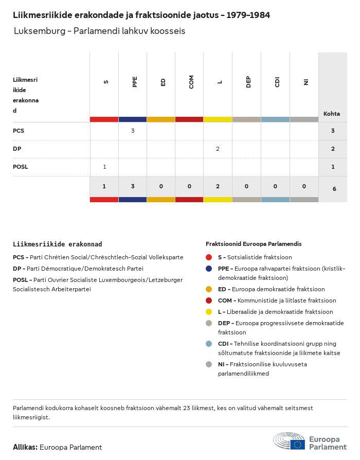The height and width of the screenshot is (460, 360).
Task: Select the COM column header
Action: pos(191,82)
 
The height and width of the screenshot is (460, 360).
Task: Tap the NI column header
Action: pos(305,82)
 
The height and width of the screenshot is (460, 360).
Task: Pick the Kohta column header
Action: pos(332,114)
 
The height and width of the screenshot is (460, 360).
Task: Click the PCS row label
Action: pos(19,131)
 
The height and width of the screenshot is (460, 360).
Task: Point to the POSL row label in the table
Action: pos(21,167)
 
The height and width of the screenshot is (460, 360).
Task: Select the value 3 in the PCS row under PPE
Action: pos(133,131)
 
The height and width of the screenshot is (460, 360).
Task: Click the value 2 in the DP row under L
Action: pos(218,149)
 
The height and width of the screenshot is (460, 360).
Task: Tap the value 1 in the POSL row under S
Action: pos(104,167)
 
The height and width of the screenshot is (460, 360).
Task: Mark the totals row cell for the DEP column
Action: pos(246,186)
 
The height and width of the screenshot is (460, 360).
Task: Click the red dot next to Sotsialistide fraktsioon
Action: pos(209,257)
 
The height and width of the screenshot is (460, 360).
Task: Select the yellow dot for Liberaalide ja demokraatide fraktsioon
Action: pos(209,312)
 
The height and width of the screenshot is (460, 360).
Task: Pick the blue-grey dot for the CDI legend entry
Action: pos(209,344)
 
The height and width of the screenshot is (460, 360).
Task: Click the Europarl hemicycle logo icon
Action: pos(289,442)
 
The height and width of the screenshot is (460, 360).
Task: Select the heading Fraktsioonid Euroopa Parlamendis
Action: pos(254,243)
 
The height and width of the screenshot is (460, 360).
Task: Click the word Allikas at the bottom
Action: pos(25,447)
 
